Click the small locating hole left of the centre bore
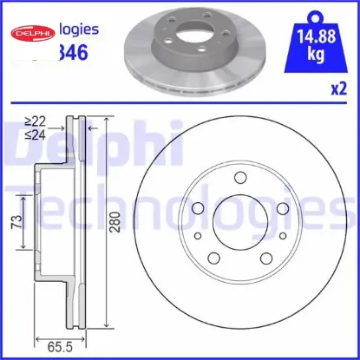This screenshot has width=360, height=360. (198, 237)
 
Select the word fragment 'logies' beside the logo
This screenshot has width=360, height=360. (76, 29)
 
